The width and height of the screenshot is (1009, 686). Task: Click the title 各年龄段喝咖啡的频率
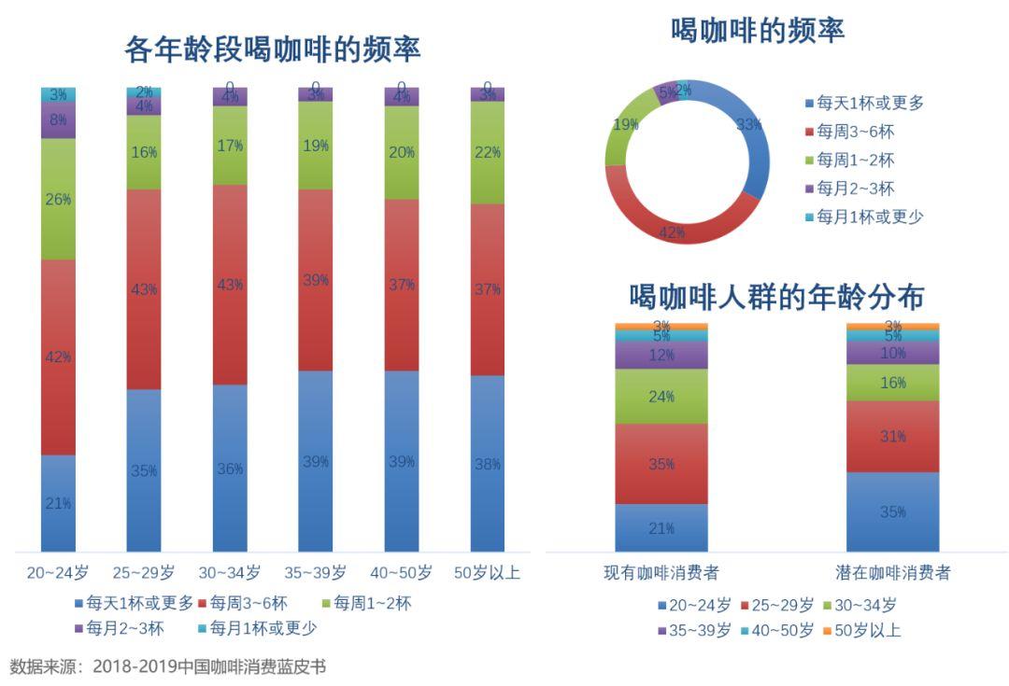pos(272,49)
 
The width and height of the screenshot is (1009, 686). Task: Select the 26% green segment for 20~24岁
pos(58,199)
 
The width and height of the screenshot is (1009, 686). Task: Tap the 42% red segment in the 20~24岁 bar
pos(58,357)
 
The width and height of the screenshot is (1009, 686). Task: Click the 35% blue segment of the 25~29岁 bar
pos(144,469)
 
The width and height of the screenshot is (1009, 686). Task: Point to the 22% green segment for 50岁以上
pos(488,152)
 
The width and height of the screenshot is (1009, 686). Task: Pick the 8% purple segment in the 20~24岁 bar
pos(58,119)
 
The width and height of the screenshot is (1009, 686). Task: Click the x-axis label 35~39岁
pos(315,572)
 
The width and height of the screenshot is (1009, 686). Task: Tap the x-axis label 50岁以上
pos(487,572)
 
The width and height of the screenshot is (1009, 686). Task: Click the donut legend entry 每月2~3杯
pos(856,189)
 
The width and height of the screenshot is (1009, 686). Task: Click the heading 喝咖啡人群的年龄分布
pos(777,297)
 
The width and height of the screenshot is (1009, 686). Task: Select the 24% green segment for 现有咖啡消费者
pos(661,396)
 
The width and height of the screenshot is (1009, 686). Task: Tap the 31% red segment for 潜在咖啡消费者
pos(892,436)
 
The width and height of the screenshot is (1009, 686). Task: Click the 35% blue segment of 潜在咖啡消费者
pos(892,511)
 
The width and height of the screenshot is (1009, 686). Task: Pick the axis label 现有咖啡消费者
pos(661,572)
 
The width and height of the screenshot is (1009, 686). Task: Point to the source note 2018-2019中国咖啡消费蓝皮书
pos(209,666)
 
